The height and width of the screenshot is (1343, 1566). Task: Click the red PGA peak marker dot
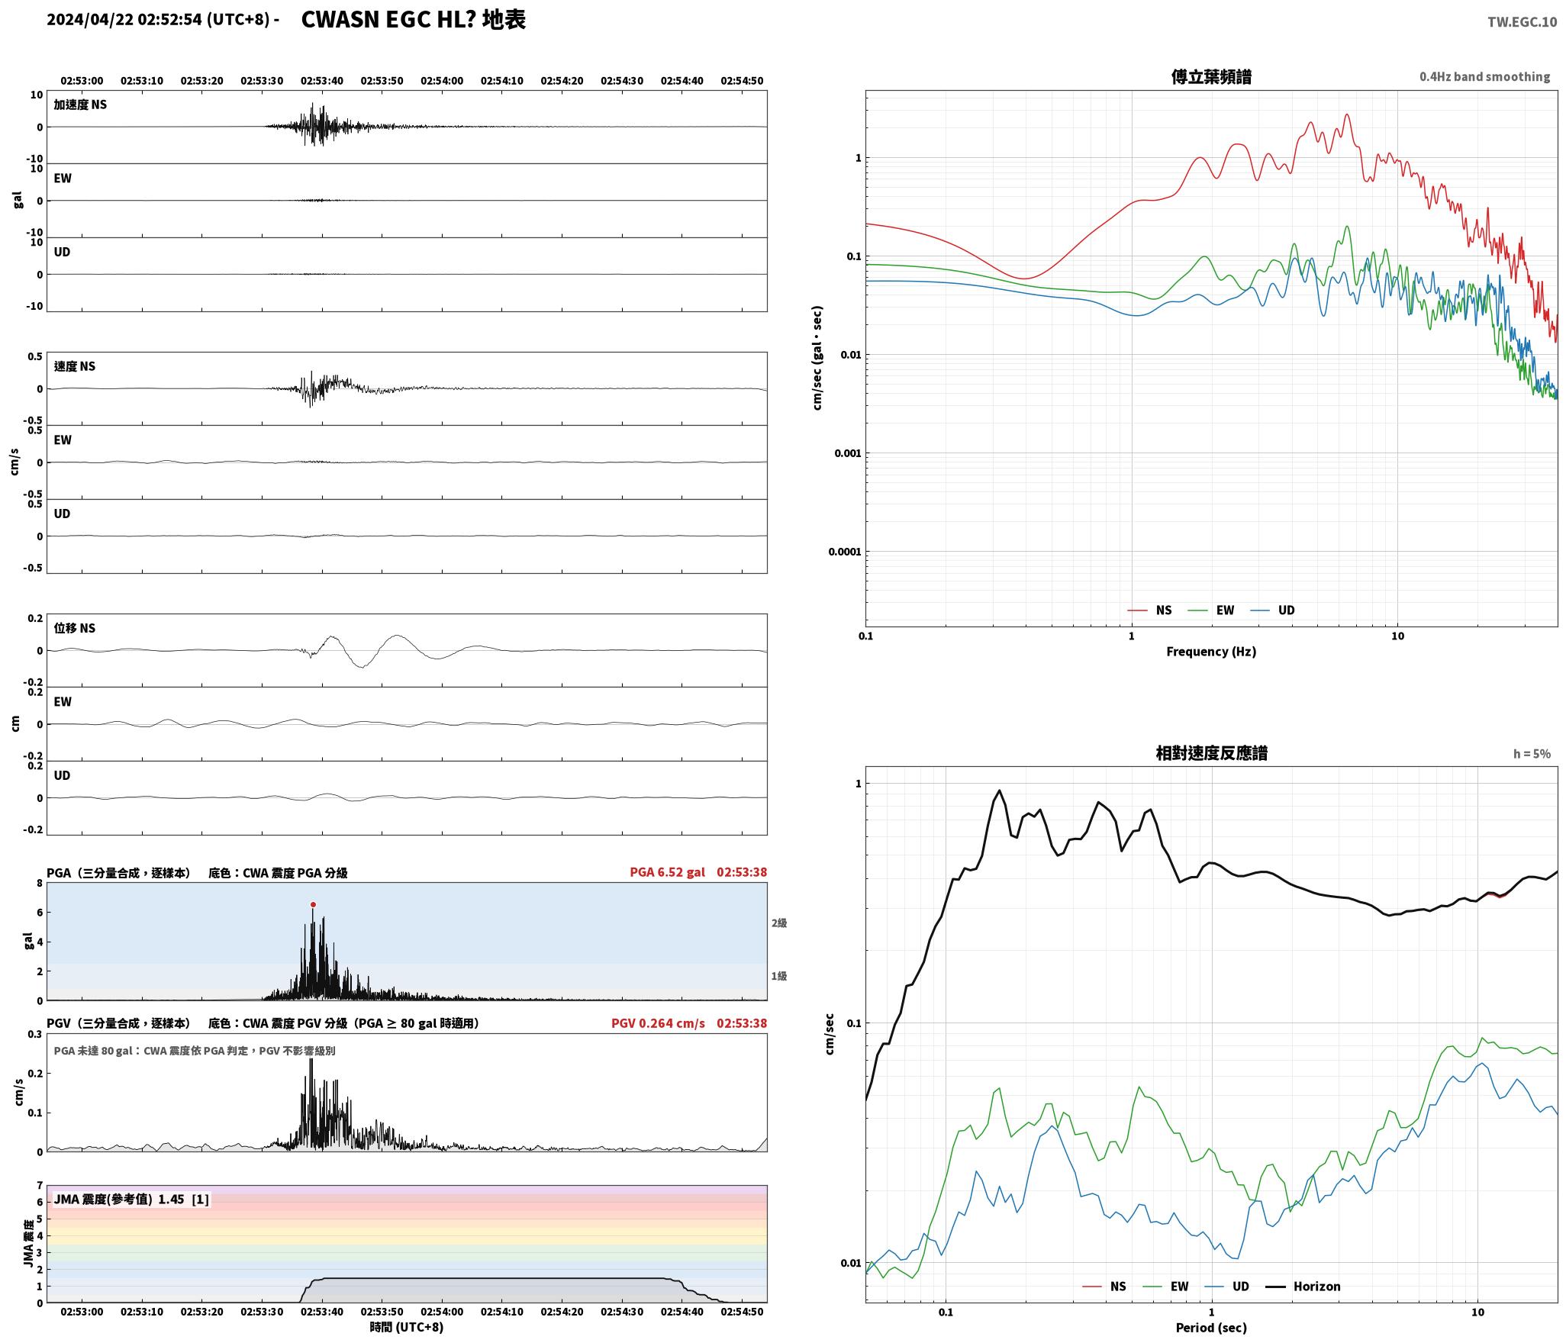313,905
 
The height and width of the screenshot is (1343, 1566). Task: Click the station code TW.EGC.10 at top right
1522,22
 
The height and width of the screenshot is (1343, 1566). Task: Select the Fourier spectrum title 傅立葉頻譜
1211,77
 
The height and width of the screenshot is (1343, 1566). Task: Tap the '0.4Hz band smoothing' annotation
1484,77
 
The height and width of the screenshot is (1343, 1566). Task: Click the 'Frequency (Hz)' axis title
1211,652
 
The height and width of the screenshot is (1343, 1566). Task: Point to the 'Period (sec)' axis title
1211,1328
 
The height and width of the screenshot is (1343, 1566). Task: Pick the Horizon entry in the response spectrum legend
1303,1287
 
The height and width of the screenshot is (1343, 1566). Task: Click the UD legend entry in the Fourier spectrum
1272,610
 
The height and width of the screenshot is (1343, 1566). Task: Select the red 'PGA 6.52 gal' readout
667,872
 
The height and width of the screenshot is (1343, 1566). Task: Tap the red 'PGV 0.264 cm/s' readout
658,1023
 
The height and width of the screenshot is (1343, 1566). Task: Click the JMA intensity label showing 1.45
130,1200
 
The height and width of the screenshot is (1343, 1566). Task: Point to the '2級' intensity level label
778,923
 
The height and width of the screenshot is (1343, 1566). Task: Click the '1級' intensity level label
778,976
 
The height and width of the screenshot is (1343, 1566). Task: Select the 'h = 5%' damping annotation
1532,754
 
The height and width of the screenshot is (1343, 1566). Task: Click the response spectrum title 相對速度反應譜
1211,753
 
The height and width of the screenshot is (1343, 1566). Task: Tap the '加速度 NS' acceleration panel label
80,105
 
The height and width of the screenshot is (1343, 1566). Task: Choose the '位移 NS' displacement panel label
75,628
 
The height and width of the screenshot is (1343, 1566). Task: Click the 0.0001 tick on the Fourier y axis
845,552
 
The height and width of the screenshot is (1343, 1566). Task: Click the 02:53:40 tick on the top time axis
322,81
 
